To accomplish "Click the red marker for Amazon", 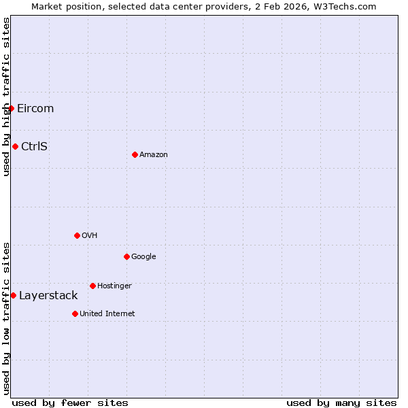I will pos(135,154).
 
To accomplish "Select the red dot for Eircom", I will pos(11,108).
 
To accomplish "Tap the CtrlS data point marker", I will pos(15,146).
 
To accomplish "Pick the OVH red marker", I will pos(77,235).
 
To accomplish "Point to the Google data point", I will pos(126,256).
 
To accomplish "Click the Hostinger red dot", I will pos(92,286).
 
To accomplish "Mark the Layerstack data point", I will pos(13,295).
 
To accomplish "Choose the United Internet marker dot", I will pos(75,313).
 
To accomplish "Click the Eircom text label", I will pos(35,108).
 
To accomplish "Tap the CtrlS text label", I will pos(34,146).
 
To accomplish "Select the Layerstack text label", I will pos(48,295).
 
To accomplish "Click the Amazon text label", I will pos(154,154).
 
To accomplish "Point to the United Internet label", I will pos(107,313).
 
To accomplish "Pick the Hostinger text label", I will pos(114,286).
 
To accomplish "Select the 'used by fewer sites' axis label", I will pos(70,403).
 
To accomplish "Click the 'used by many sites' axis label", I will pos(341,403).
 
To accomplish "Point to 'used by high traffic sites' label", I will pos(6,97).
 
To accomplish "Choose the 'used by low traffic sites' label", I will pos(6,318).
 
